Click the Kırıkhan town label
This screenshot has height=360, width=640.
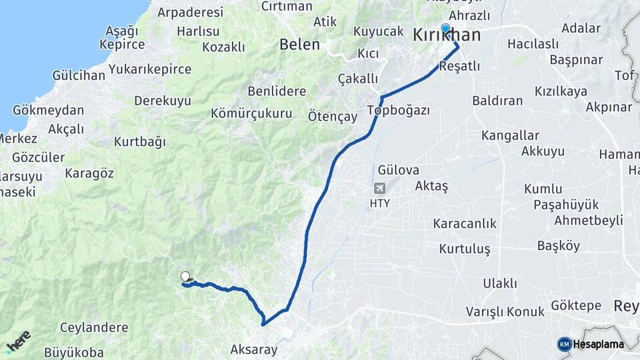click(x=447, y=35)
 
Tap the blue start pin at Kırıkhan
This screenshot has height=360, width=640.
click(x=445, y=29)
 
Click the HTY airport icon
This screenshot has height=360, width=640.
click(x=379, y=189)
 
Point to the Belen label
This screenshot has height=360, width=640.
click(x=299, y=45)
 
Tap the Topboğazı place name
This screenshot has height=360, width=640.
click(x=399, y=109)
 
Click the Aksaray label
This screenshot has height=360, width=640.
click(x=253, y=349)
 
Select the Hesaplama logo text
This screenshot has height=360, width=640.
click(x=598, y=344)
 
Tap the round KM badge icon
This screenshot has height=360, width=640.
click(x=564, y=344)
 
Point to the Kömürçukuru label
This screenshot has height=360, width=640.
click(x=251, y=113)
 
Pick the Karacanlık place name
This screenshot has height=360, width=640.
click(x=465, y=223)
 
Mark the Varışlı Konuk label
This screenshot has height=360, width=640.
click(x=505, y=311)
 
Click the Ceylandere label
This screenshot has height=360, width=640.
click(x=94, y=327)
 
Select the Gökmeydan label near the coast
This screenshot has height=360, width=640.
click(x=49, y=111)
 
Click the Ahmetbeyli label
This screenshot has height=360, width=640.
click(x=589, y=221)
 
